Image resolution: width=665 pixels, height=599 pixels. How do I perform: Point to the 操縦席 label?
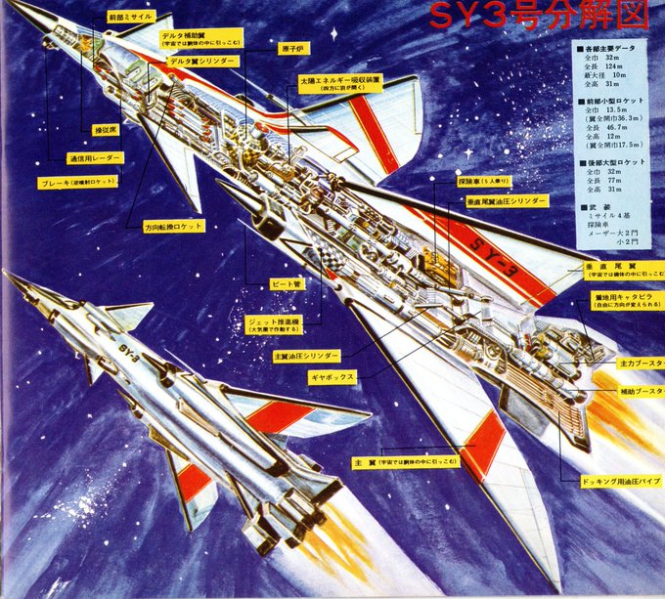point(106,128)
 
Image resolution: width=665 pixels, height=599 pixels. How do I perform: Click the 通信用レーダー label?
point(94,156)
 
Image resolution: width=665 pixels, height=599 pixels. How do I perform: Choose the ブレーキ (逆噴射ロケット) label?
point(78,182)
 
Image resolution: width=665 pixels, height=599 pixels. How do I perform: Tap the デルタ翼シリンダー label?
point(204,61)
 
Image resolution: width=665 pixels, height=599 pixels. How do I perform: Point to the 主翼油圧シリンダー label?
point(307,358)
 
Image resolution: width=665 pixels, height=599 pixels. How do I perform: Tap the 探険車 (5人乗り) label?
point(480,181)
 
